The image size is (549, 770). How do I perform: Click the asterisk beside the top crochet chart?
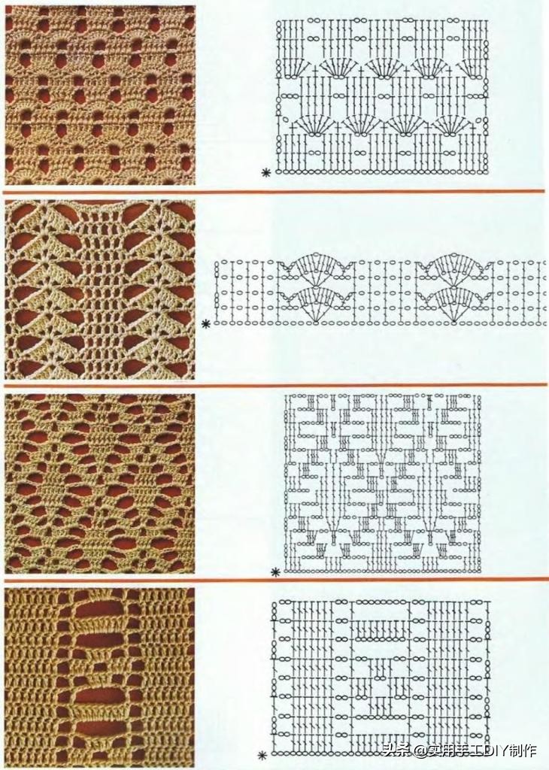click(x=266, y=172)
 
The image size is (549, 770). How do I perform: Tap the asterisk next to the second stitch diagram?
click(x=206, y=323)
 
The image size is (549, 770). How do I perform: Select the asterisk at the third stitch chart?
click(x=275, y=571)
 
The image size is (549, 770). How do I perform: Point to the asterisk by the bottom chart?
click(x=262, y=755)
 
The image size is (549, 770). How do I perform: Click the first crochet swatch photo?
click(x=100, y=95)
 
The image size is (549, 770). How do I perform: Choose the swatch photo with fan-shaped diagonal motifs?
click(x=100, y=290)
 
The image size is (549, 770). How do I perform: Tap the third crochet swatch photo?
click(x=100, y=484)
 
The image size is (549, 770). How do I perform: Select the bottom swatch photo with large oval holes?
click(x=100, y=678)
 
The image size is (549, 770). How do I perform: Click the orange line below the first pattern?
click(x=274, y=192)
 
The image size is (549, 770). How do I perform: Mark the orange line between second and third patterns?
click(x=275, y=385)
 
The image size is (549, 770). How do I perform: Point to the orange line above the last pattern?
click(x=275, y=580)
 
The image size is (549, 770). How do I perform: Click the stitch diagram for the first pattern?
click(x=382, y=95)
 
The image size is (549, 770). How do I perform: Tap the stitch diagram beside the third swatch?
click(x=383, y=484)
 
